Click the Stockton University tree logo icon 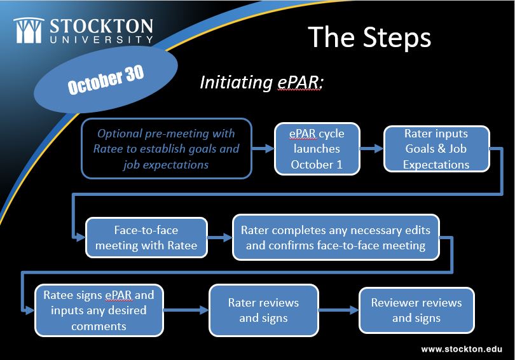coord(29,31)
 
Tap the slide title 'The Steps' coord(369,37)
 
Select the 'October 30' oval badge coord(106,80)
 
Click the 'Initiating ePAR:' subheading coord(261,82)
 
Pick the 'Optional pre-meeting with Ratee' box coord(167,148)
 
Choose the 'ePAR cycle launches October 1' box coord(317,149)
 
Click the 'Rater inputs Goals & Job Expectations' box coord(437,149)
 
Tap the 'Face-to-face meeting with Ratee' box coord(146,237)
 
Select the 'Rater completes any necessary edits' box coord(336,237)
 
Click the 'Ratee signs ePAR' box coord(99,310)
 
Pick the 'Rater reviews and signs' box coord(263,310)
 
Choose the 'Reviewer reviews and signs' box coord(416,310)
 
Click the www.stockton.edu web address coord(462,349)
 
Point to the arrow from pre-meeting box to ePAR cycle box coord(263,148)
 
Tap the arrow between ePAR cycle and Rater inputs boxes coord(372,148)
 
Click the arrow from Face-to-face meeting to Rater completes coord(220,237)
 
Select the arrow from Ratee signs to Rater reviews coord(186,310)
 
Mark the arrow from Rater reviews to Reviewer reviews coord(339,310)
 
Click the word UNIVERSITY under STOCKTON coord(101,39)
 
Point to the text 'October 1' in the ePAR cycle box coord(317,165)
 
